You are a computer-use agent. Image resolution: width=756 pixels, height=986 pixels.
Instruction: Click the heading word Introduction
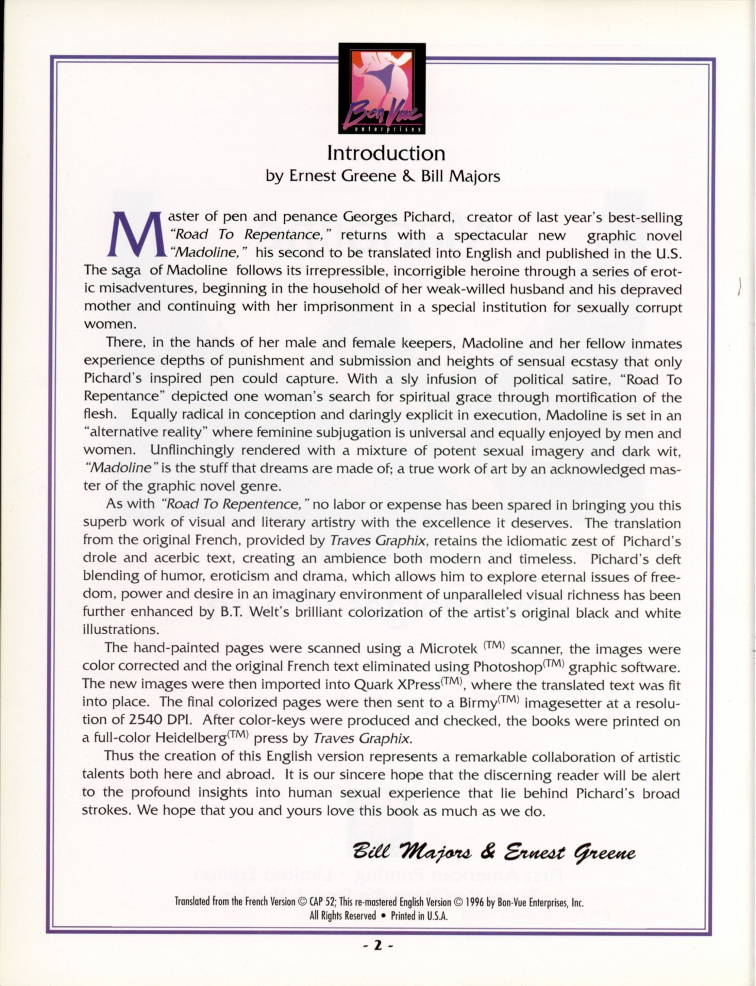click(386, 154)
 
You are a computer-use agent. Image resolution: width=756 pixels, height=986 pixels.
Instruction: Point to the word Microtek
click(448, 648)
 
